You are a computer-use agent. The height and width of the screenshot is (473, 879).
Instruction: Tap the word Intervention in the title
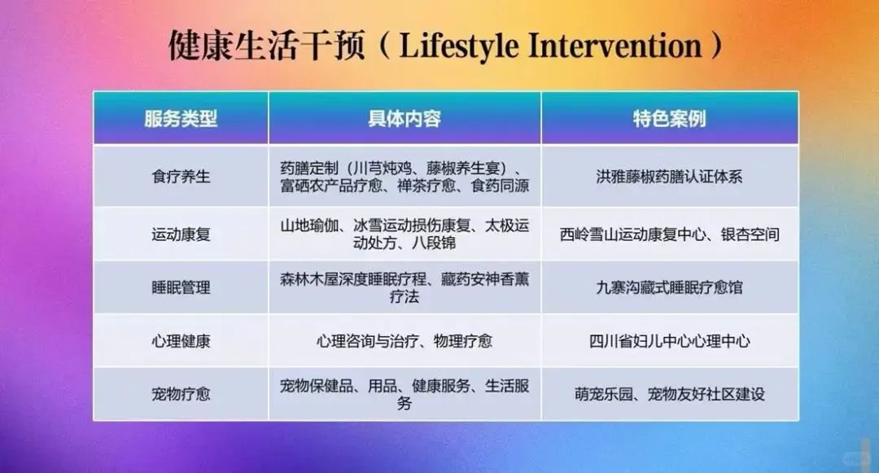point(615,46)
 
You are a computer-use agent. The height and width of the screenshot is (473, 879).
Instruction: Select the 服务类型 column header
point(181,119)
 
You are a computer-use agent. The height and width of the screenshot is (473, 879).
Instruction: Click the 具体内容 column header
point(405,119)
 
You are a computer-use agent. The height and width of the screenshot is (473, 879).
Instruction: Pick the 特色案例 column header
point(669,119)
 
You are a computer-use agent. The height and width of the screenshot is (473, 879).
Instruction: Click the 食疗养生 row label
point(181,177)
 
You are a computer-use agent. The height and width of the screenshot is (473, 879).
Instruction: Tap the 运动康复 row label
point(181,234)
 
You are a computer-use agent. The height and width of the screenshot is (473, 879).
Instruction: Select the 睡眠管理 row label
point(181,287)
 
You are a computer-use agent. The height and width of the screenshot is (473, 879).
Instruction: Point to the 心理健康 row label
point(181,341)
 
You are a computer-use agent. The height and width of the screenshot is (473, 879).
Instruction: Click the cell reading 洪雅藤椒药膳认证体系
point(669,177)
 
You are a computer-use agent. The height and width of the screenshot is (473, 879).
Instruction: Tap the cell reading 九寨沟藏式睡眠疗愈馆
point(669,287)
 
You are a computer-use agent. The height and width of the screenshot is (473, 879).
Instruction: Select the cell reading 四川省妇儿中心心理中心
point(669,341)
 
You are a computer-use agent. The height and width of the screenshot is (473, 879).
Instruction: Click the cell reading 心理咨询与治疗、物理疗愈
point(405,341)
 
